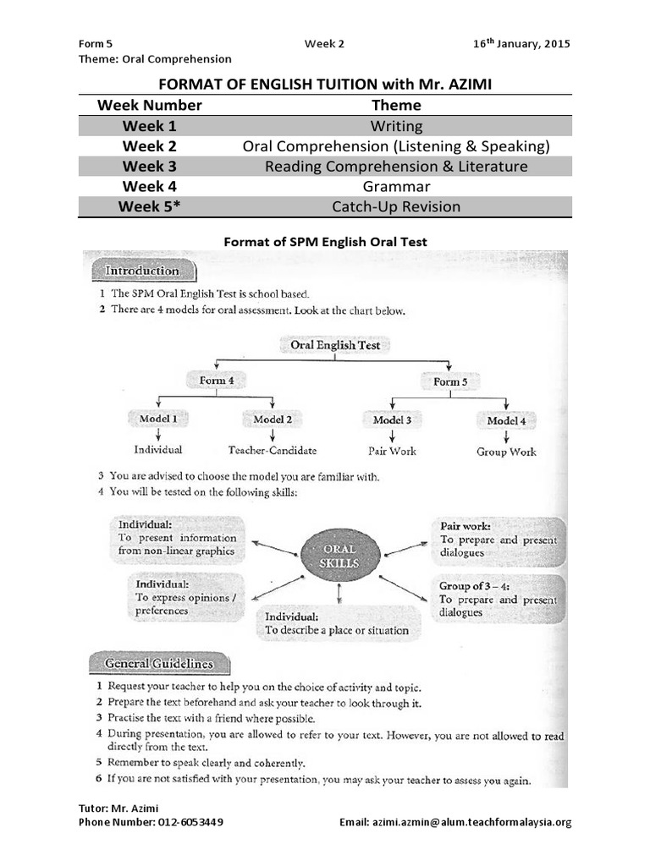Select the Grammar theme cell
(x=396, y=186)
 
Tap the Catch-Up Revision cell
(x=396, y=206)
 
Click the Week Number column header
(x=150, y=105)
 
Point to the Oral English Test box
(x=335, y=345)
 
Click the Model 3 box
(x=392, y=419)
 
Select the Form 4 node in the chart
(x=216, y=381)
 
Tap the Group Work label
(x=506, y=452)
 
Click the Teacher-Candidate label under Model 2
(x=273, y=451)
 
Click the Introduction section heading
(x=142, y=271)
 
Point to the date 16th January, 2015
(x=519, y=44)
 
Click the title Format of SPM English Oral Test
(x=325, y=242)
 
